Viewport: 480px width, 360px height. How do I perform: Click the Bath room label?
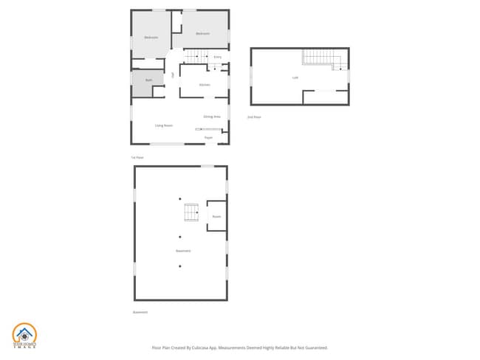click(148, 80)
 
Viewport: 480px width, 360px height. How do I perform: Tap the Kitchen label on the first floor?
click(205, 85)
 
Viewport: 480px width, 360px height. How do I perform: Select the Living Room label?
click(164, 125)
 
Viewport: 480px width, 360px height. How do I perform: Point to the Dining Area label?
click(212, 117)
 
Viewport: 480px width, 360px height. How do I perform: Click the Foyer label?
click(209, 137)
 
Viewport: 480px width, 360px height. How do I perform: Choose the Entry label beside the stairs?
click(217, 57)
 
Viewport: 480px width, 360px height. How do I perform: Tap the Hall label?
click(173, 75)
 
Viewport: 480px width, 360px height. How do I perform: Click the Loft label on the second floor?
click(295, 77)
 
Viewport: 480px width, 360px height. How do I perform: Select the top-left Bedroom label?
click(151, 37)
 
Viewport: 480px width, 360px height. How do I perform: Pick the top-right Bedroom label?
click(202, 34)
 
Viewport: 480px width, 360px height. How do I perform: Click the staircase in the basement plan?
click(191, 212)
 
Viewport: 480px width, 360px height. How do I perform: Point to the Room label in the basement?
click(216, 216)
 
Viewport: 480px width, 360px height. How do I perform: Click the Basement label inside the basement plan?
click(183, 251)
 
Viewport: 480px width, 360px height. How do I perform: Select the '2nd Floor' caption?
click(254, 117)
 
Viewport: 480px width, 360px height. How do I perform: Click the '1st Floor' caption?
click(137, 157)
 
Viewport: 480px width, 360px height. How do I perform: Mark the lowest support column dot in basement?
click(179, 266)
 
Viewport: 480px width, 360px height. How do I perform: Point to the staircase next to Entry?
click(194, 57)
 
